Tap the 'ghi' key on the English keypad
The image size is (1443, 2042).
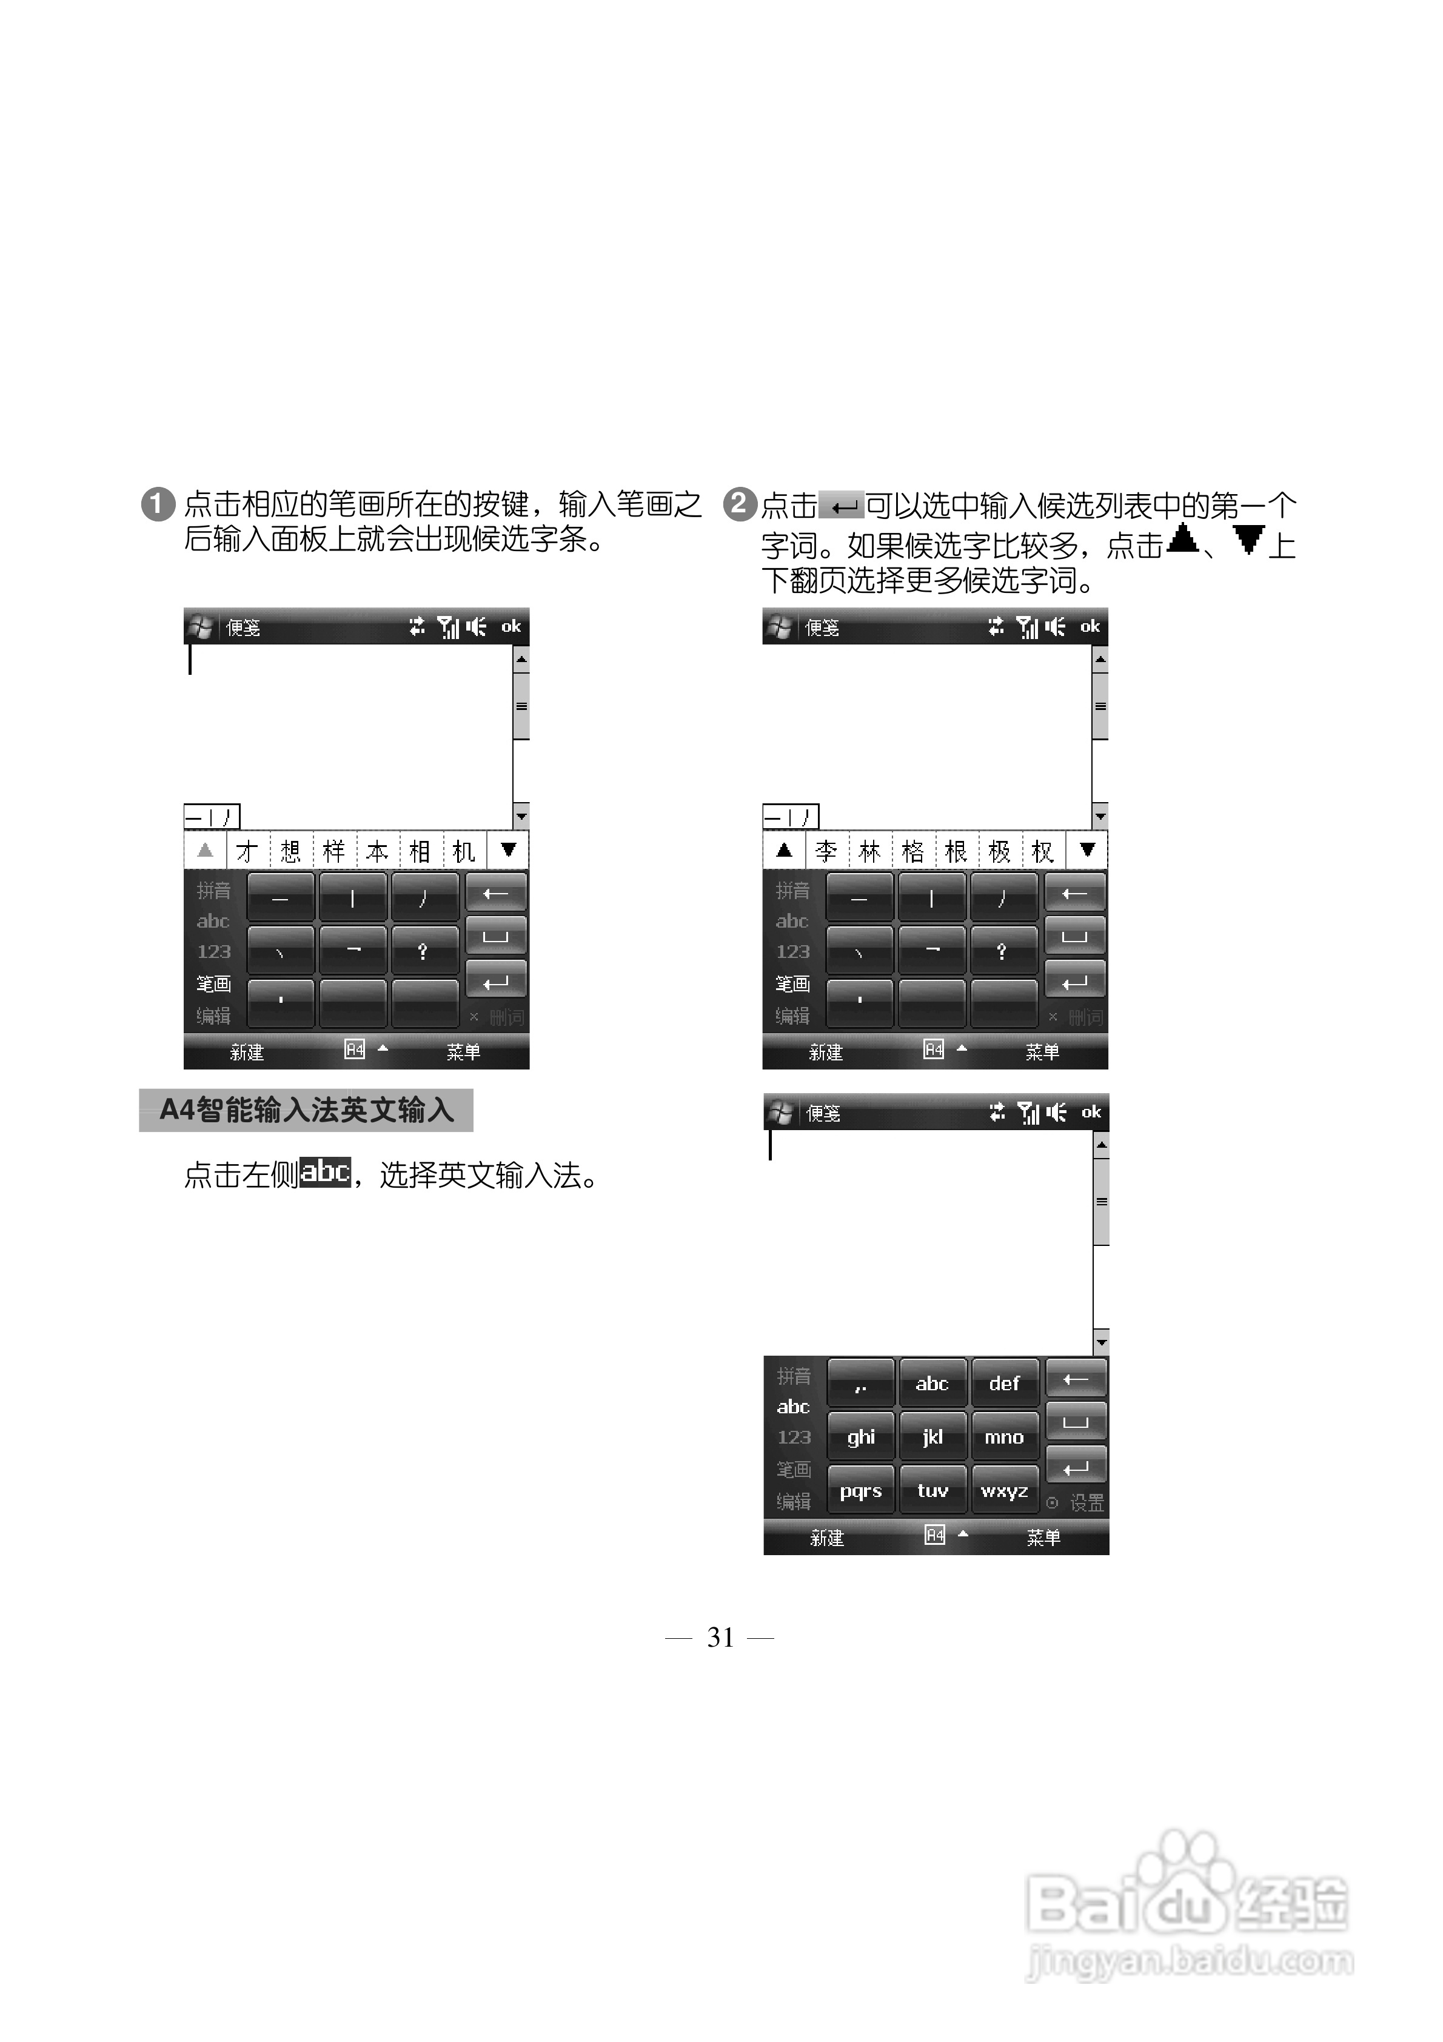(860, 1438)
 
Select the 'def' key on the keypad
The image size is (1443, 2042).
(1005, 1383)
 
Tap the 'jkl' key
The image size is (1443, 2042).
(932, 1438)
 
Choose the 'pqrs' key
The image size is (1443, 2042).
(860, 1491)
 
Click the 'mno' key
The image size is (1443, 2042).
(1005, 1438)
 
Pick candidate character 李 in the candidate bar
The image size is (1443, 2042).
(826, 851)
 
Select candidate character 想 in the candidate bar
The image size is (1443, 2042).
(291, 851)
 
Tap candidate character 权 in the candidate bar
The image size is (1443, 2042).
(1043, 851)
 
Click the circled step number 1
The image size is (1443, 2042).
(158, 504)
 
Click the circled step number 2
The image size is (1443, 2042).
(738, 504)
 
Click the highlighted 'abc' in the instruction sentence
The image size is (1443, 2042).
(326, 1172)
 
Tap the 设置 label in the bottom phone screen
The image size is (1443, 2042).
(1086, 1503)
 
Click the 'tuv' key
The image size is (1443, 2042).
(932, 1491)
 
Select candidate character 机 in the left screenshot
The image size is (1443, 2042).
(463, 851)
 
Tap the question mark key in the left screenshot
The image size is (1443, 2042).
(423, 951)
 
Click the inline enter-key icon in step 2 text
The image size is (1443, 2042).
(841, 507)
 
